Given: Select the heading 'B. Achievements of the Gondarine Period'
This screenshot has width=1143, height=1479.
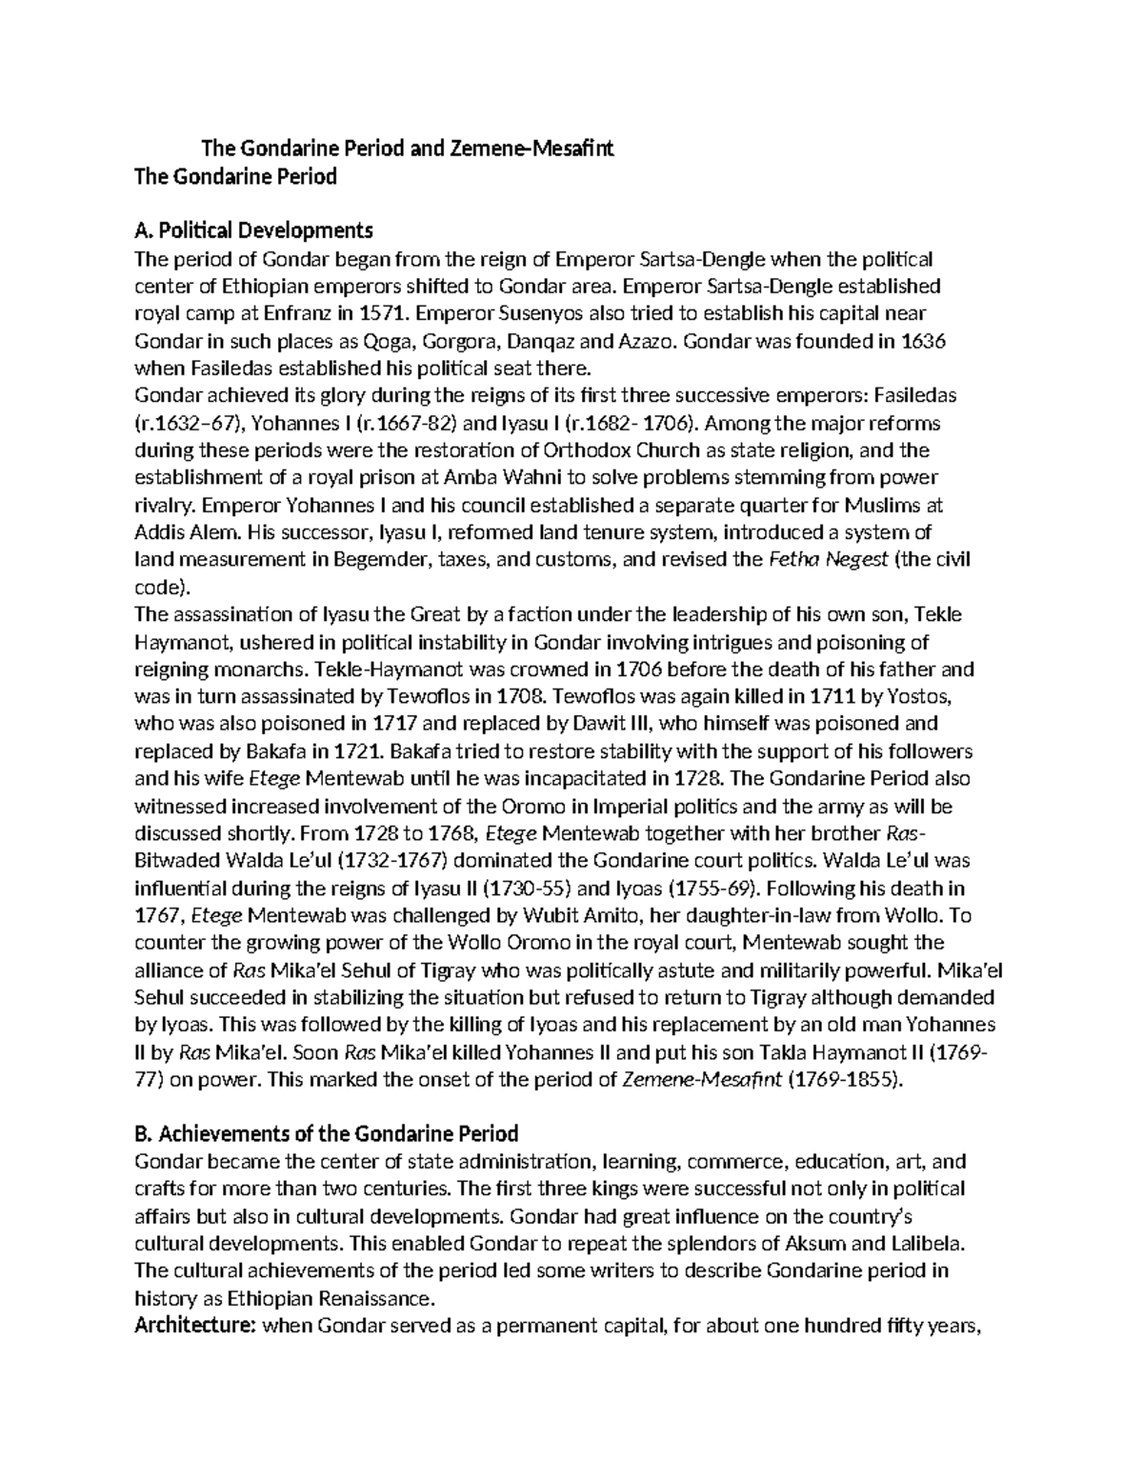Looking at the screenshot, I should (327, 1133).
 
